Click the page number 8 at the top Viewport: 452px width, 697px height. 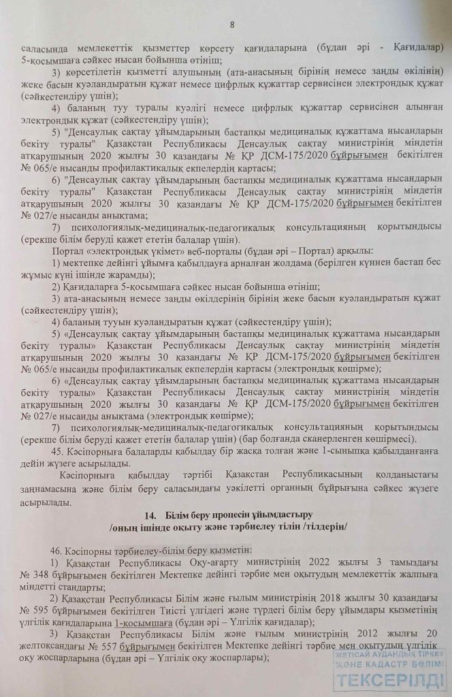232,26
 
